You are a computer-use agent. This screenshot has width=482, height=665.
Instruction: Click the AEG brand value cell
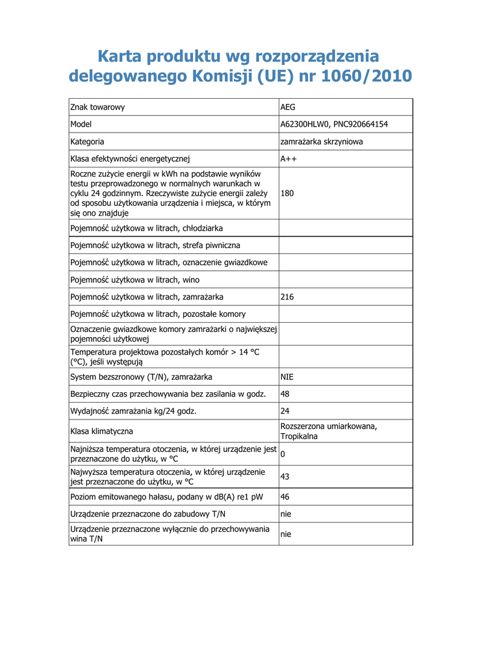(288, 107)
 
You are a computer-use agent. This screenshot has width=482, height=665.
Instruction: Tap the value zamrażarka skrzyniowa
(322, 142)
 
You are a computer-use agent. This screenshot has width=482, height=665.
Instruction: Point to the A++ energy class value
(289, 158)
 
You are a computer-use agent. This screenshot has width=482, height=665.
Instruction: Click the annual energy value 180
(287, 194)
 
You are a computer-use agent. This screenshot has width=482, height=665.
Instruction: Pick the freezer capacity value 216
(287, 297)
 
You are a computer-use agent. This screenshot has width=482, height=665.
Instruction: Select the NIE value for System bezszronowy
(287, 377)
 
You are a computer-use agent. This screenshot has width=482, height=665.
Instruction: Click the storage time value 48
(285, 394)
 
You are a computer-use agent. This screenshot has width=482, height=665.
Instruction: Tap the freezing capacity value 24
(285, 411)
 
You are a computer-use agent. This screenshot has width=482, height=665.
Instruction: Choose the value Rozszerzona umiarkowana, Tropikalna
(329, 431)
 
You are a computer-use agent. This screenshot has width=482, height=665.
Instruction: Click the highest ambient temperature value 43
(285, 477)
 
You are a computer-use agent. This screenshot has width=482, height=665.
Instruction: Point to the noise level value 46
(285, 497)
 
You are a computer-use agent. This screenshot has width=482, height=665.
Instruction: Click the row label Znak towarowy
(97, 107)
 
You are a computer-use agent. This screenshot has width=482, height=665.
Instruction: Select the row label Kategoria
(88, 142)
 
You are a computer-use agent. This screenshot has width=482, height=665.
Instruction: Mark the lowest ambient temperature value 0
(283, 454)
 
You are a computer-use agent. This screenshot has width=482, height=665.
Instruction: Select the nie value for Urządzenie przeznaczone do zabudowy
(286, 514)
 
